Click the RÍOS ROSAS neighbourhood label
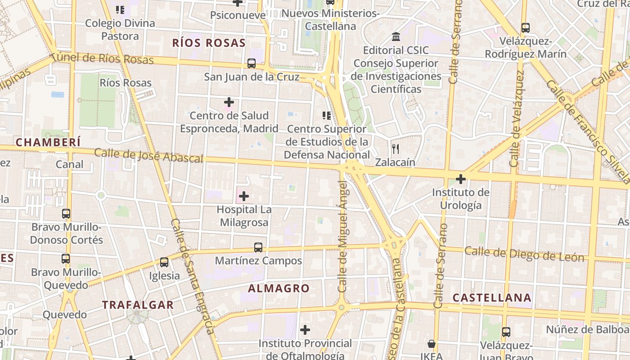coord(209,43)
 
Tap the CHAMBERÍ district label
coord(48,143)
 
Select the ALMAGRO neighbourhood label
coord(279,288)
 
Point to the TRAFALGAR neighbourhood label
coord(138,305)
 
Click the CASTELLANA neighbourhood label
coord(492,297)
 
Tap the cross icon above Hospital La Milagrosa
coord(244,196)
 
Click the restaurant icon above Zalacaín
coord(396,148)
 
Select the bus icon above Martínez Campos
coord(258,247)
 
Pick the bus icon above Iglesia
coord(164,262)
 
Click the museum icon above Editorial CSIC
coord(396,36)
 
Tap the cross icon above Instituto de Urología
coord(460,179)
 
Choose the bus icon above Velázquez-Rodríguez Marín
coord(526,27)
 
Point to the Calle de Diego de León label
coord(524,254)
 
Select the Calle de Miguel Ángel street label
coord(343,236)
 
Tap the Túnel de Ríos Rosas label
coord(102,58)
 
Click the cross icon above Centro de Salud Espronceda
coord(229,102)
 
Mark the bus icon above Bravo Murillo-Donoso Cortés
coord(66,213)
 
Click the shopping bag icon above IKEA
coord(432,344)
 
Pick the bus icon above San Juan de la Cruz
coord(252,63)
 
